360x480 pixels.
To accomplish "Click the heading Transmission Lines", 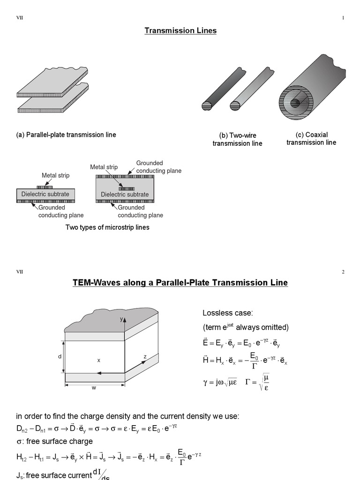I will (x=180, y=31).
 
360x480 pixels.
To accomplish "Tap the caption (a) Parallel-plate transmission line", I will (x=66, y=135).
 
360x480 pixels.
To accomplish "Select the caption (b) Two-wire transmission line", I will (x=237, y=139).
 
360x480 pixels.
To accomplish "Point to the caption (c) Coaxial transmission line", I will (x=311, y=138).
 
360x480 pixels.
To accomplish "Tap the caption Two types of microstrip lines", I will (x=108, y=227).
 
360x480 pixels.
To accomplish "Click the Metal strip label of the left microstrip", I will (x=55, y=176).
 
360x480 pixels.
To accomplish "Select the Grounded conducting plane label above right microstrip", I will (x=158, y=167).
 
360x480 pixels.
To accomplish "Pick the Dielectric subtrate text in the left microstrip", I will (x=45, y=194).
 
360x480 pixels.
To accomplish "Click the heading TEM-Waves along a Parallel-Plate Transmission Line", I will (x=180, y=283).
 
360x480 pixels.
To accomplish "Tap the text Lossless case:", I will (x=224, y=313).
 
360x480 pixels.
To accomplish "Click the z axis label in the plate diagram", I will (x=145, y=357).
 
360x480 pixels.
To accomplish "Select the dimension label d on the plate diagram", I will (x=60, y=357).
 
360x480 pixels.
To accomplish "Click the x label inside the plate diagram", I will (x=98, y=360).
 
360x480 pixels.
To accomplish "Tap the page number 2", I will (x=343, y=271).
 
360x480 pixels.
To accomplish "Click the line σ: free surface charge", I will (x=54, y=441).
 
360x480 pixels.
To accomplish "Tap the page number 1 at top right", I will (x=343, y=18).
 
